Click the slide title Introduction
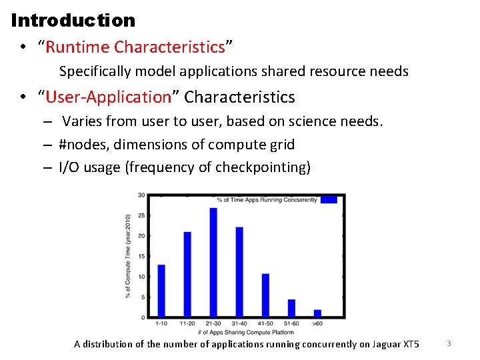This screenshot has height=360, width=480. (x=73, y=20)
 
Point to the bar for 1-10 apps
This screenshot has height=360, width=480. (x=161, y=291)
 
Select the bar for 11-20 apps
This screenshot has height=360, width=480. (x=187, y=274)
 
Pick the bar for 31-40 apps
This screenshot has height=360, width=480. (x=239, y=272)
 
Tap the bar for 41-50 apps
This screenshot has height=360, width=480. (x=265, y=295)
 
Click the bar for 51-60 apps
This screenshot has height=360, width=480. (x=291, y=308)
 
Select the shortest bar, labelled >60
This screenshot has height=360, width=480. (x=317, y=313)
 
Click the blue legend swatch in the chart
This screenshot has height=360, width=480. (x=329, y=199)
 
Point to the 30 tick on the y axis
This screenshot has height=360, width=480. (x=141, y=195)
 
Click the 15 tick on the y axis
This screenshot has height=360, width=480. (x=141, y=256)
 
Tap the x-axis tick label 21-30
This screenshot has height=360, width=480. (x=213, y=324)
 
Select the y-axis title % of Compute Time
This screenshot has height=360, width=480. (x=128, y=256)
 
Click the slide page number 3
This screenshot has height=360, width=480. (x=449, y=343)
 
